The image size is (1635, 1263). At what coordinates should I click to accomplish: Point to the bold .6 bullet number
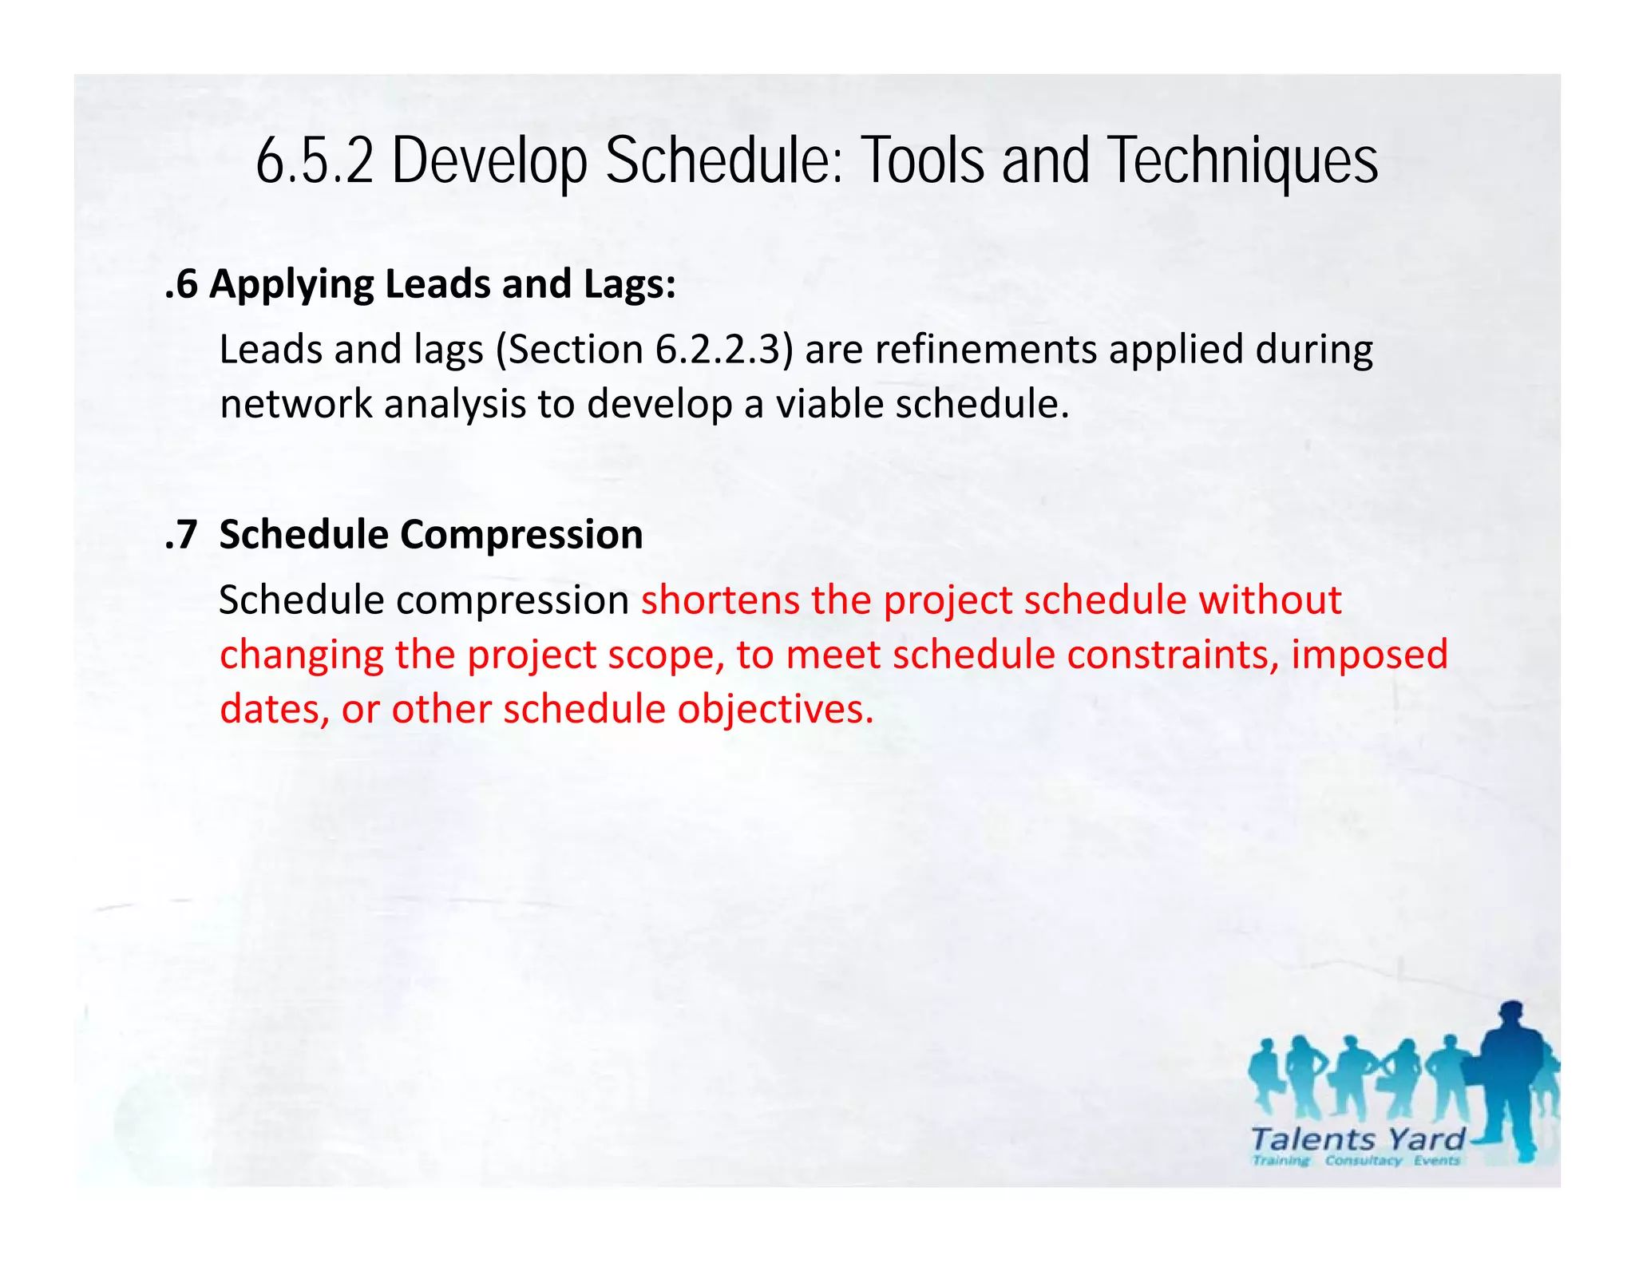coord(181,285)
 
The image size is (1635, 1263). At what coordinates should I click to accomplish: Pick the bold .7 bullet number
coord(181,535)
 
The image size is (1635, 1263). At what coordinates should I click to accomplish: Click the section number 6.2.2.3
coord(717,350)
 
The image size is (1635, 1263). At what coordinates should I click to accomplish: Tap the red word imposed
coord(1369,655)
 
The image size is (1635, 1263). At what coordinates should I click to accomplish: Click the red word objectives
coord(775,710)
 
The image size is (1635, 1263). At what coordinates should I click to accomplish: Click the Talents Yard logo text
coord(1358,1138)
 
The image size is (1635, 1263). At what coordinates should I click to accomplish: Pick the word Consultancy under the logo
coord(1364,1161)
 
